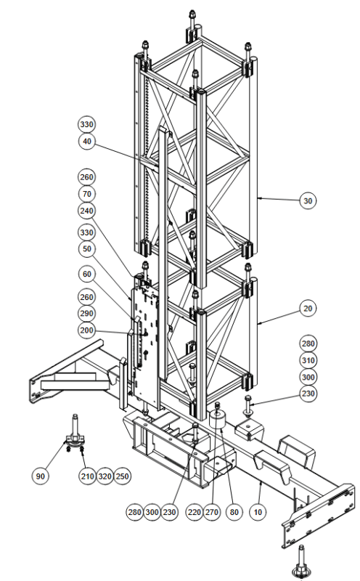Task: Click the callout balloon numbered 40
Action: (86, 142)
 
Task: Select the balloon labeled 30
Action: (308, 201)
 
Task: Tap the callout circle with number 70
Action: (86, 194)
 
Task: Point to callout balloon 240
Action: (86, 211)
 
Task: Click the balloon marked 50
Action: (86, 248)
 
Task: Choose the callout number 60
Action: (86, 275)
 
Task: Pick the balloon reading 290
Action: (86, 314)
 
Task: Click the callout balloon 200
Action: (86, 330)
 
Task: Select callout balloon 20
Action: (308, 308)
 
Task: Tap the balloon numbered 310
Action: (308, 360)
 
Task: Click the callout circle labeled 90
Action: (41, 476)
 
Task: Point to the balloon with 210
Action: (87, 476)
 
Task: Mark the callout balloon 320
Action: (105, 476)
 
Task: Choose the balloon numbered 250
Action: (122, 476)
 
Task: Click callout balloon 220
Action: (195, 512)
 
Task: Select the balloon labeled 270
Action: (211, 512)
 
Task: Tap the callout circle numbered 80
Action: (234, 512)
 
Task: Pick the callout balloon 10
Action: (258, 512)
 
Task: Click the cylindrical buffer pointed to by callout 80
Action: (218, 419)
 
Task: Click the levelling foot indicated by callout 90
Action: (75, 434)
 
